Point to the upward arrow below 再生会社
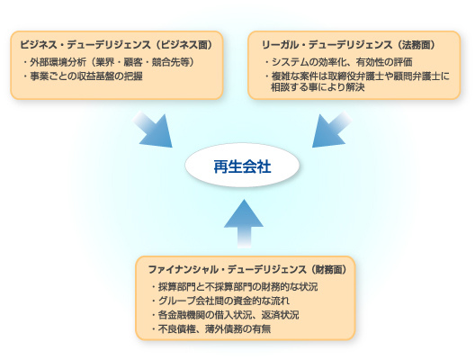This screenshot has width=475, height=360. pyautogui.click(x=242, y=221)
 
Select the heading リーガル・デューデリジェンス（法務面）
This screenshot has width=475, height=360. pyautogui.click(x=349, y=43)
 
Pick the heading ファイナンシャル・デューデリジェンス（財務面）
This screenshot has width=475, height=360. pyautogui.click(x=246, y=269)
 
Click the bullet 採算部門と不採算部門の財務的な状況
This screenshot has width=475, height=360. pyautogui.click(x=235, y=287)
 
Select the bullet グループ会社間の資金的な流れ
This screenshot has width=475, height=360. pyautogui.click(x=222, y=301)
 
